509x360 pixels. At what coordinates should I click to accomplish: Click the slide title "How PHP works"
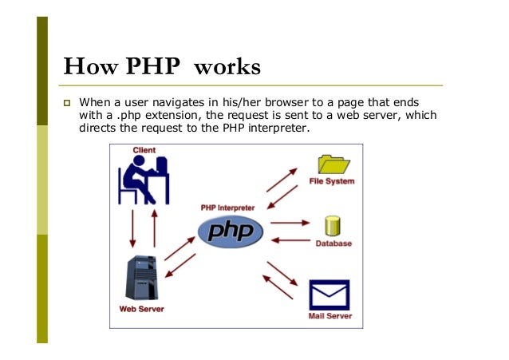coord(161,65)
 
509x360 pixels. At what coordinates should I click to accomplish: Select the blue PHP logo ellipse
coord(230,231)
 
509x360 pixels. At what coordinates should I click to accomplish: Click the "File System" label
coord(332,181)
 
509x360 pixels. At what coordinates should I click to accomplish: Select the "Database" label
coord(332,243)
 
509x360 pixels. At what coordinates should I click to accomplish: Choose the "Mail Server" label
coord(330,315)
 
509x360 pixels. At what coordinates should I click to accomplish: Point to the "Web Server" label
coord(140,309)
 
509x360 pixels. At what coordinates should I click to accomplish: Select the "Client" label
coord(144,151)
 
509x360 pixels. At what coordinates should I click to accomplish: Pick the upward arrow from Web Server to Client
coord(154,227)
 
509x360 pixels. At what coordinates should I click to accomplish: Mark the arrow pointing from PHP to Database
coord(288,224)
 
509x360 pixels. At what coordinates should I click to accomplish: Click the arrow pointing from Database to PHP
coord(288,239)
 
